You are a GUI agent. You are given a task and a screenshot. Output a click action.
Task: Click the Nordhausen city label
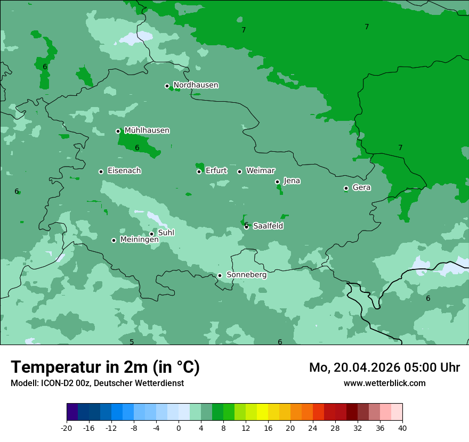pos(196,85)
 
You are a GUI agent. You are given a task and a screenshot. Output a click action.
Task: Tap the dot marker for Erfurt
pos(199,171)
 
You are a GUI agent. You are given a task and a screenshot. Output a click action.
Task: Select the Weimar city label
pos(260,171)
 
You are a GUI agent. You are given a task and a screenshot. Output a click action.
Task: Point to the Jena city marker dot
pos(277,182)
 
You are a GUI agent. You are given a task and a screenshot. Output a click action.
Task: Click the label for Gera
pos(361,187)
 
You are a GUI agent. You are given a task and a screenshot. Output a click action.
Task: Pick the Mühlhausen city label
pos(147,130)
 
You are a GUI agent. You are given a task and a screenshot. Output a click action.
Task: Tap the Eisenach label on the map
pos(124,171)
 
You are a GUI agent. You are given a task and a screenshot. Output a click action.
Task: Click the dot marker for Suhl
pos(151,234)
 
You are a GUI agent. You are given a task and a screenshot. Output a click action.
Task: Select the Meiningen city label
pos(139,240)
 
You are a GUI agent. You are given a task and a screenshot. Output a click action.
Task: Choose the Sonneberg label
pos(246,275)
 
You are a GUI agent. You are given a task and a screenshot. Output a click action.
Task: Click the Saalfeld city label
pos(268,226)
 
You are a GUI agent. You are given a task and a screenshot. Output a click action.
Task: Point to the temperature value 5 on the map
pos(132,342)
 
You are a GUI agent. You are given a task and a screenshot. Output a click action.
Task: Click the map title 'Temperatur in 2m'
pos(105,367)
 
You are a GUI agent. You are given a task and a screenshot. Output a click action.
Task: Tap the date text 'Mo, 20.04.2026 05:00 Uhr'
pos(384,367)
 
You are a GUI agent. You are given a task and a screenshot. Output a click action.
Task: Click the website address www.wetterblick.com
pos(384,383)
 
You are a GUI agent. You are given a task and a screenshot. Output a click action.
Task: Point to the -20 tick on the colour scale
pos(67,428)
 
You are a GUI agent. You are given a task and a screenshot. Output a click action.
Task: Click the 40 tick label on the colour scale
pos(402,428)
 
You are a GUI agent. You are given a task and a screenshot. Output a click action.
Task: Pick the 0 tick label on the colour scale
pos(179,428)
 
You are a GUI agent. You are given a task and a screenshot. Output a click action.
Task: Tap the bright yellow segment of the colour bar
pos(262,412)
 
